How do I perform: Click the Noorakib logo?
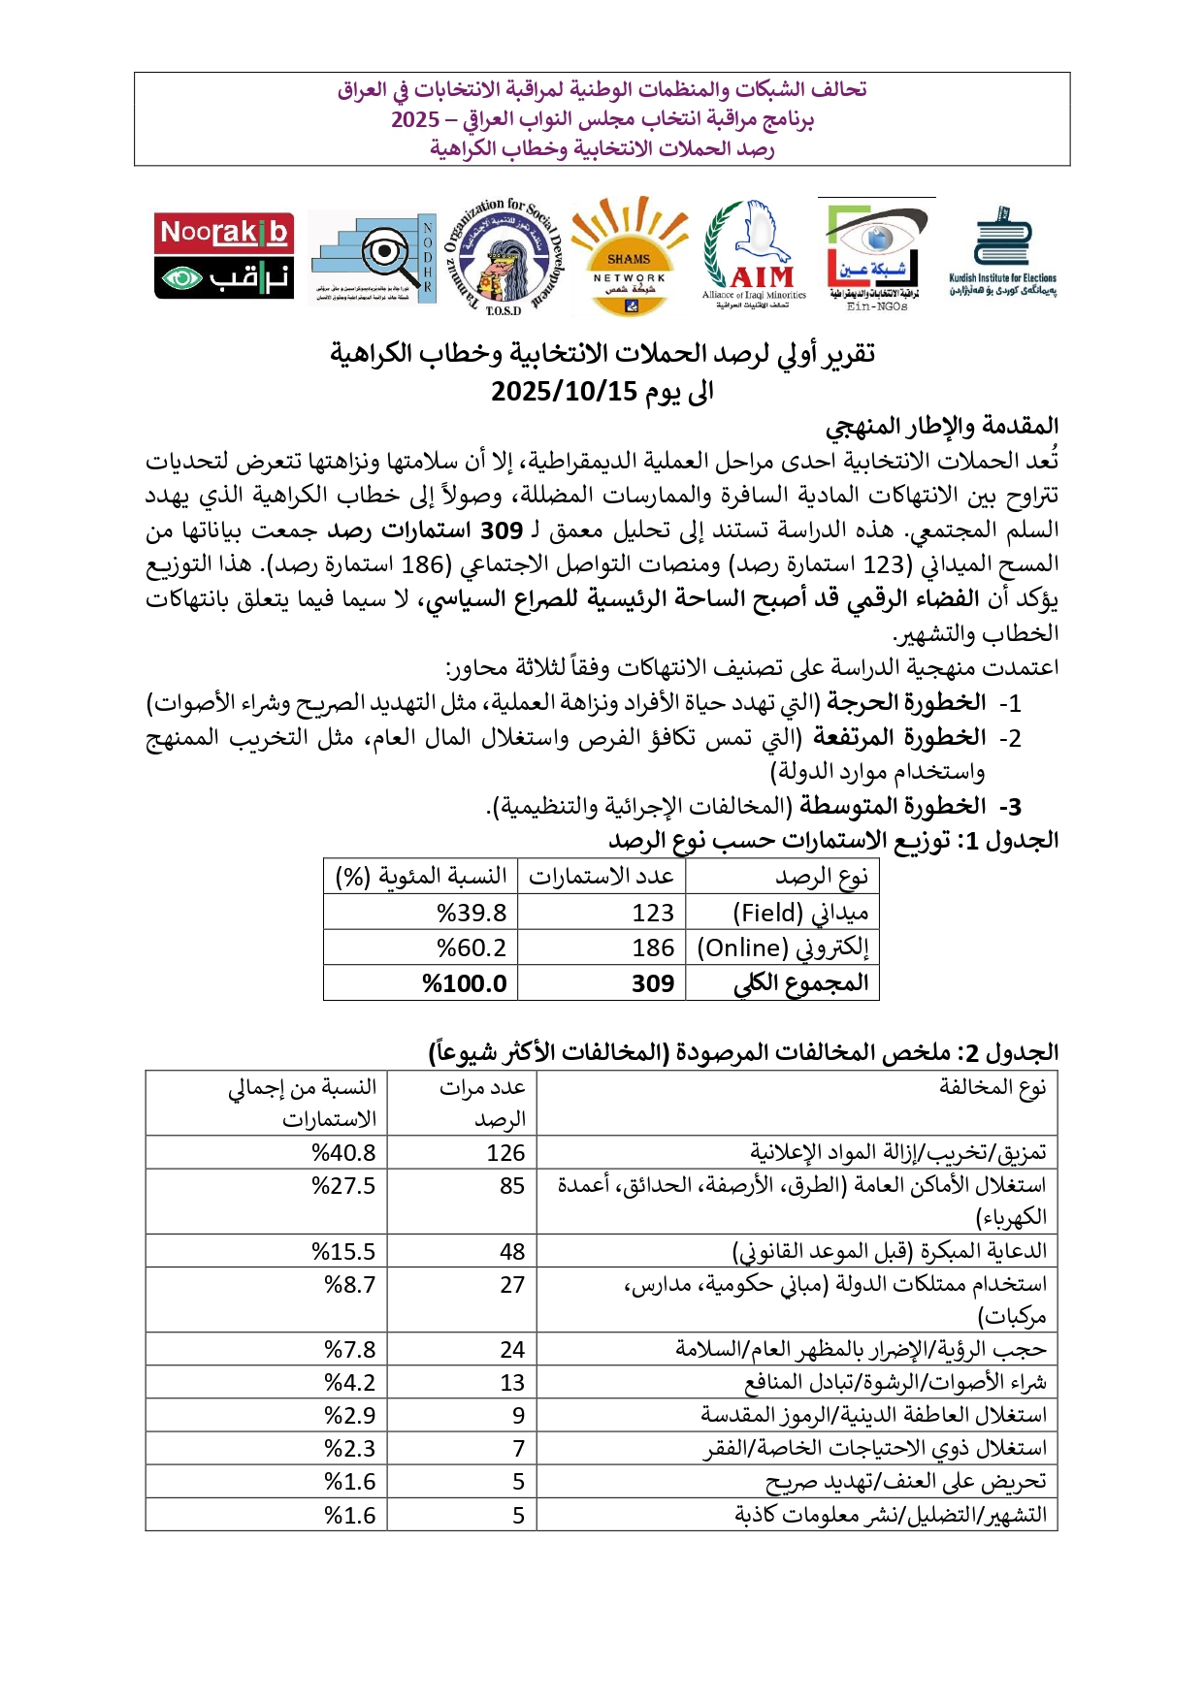pos(224,256)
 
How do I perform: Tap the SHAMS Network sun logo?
pos(629,256)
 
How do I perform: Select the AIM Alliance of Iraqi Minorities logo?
pos(754,254)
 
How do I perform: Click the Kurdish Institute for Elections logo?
pos(1003,252)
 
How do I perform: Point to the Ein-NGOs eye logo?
pos(876,254)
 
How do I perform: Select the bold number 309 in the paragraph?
pos(502,530)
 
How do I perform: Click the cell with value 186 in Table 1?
pos(652,947)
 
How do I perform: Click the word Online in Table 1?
pos(745,947)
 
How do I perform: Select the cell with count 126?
pos(505,1152)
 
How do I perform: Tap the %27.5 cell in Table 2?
pos(343,1185)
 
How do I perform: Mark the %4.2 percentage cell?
pos(349,1382)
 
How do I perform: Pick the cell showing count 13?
pos(512,1382)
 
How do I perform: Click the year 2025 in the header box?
pos(415,119)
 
